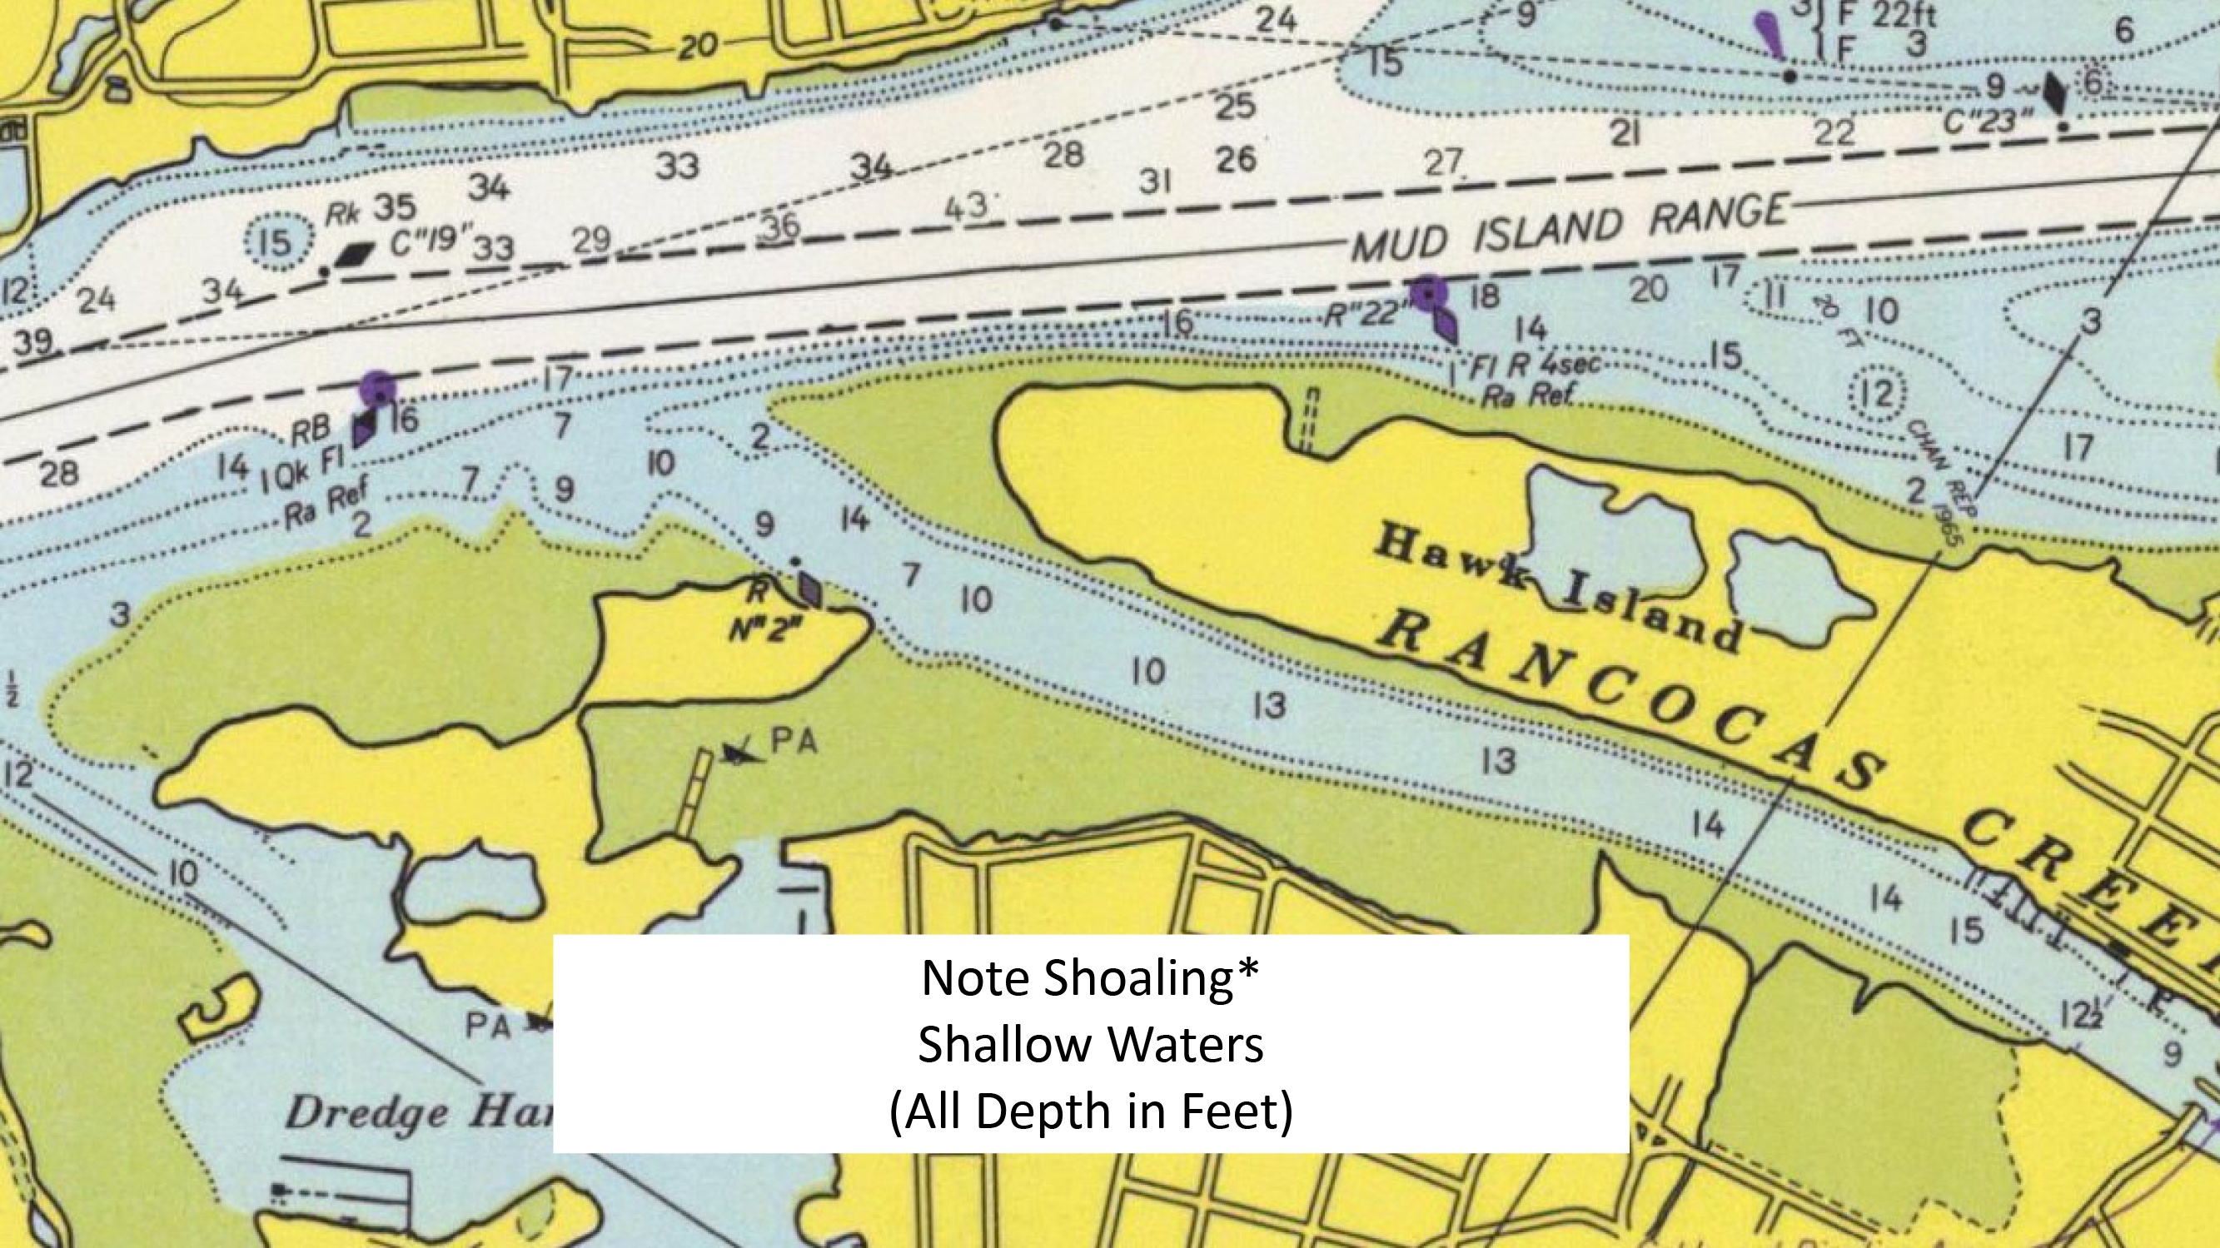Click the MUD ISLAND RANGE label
coord(1569,227)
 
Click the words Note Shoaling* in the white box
coord(1090,977)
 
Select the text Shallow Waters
coord(1090,1045)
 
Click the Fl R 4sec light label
coord(1534,365)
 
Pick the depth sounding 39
coord(32,341)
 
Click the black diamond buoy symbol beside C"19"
coord(356,253)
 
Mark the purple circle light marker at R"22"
coord(1429,295)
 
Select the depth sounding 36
coord(782,227)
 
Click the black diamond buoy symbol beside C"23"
coord(2054,93)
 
